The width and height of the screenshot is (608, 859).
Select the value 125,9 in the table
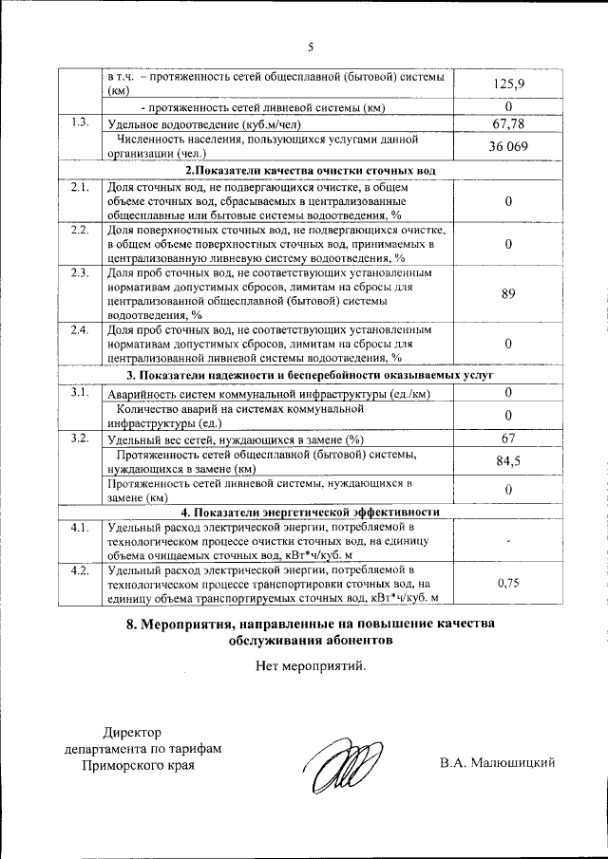click(x=508, y=84)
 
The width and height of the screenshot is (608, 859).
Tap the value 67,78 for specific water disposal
click(x=508, y=123)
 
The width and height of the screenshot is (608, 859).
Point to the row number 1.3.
click(x=81, y=122)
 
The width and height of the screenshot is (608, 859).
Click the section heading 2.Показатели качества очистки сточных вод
click(x=310, y=170)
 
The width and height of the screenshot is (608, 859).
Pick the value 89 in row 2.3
click(x=508, y=294)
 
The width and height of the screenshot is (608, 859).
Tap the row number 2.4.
click(x=81, y=330)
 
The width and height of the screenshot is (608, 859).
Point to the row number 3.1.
click(x=81, y=393)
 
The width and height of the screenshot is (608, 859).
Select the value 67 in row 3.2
click(x=508, y=439)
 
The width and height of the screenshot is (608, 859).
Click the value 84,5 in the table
click(x=508, y=461)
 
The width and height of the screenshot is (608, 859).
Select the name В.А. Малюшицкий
click(x=497, y=762)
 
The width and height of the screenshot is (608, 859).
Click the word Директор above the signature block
click(x=133, y=731)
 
